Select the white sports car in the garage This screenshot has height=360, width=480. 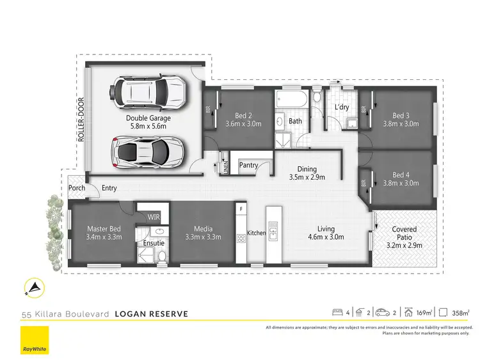point(148,151)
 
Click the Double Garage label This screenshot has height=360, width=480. point(148,118)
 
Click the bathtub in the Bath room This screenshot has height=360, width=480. point(293,100)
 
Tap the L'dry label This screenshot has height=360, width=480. point(342,107)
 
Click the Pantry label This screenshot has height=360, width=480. point(248,165)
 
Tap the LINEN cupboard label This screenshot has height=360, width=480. point(225,167)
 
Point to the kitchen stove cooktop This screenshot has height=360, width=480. point(241,239)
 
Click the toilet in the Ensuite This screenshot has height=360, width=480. point(162,257)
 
